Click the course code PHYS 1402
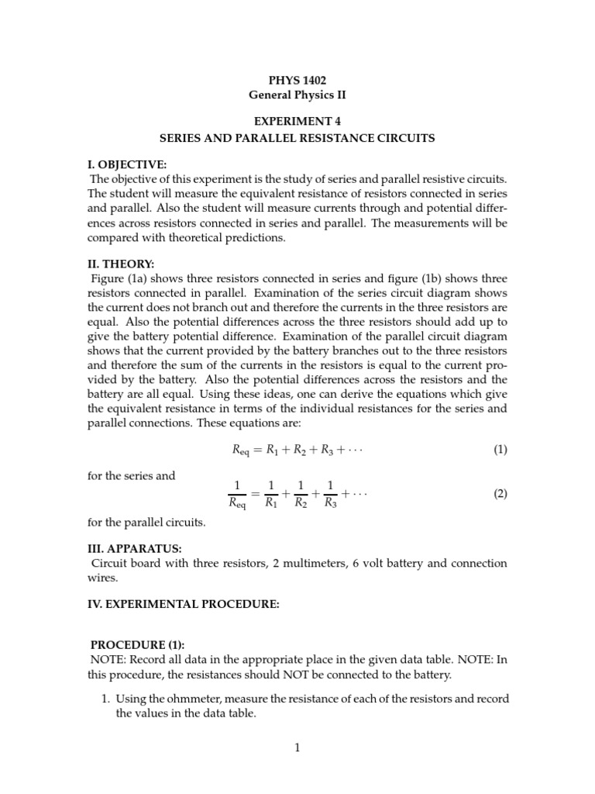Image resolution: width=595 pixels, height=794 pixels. pos(297,80)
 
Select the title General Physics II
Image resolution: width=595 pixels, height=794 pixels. pos(297,95)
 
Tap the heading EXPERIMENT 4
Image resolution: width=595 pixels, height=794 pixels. pos(297,122)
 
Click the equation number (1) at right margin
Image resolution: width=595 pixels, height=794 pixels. pos(500,450)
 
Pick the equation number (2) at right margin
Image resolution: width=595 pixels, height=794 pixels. pos(500,493)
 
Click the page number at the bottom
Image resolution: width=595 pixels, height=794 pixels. pos(297,747)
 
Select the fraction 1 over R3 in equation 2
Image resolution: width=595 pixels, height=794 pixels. pos(331,493)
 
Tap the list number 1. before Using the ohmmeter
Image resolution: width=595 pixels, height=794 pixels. pos(106,699)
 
